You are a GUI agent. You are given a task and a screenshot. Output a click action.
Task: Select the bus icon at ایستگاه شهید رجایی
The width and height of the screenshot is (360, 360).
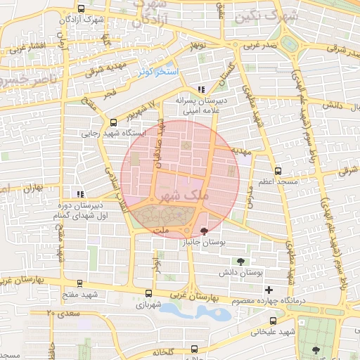point(113,122)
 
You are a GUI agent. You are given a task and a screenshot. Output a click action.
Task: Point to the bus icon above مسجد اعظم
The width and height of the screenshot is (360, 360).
point(278,171)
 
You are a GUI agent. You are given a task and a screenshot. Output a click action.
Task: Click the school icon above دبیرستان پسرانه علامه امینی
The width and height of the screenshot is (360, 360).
point(202,89)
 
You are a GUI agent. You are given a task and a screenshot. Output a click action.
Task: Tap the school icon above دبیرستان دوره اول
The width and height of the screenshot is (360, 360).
point(80,193)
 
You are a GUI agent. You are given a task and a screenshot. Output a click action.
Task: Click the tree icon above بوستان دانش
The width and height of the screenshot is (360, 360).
point(242,261)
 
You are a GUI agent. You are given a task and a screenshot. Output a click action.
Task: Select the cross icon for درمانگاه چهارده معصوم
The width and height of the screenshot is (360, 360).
point(269,290)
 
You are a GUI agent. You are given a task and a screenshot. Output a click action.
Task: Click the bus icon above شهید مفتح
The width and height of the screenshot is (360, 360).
point(79,284)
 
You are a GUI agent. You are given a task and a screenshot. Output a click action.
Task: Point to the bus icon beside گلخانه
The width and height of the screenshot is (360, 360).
point(193,349)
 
